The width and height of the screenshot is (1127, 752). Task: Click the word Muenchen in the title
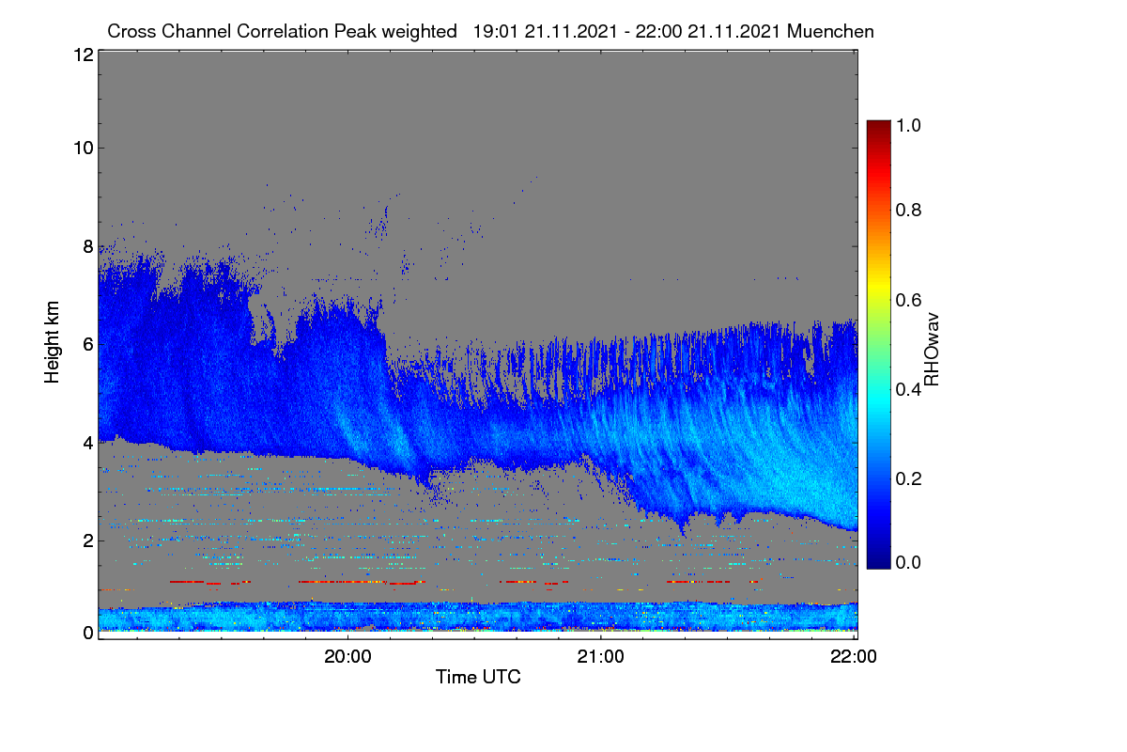tap(830, 32)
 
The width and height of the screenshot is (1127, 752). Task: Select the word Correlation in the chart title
tap(283, 32)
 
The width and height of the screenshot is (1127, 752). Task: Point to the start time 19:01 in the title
tap(495, 32)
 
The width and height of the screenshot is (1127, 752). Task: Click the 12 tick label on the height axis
tap(84, 55)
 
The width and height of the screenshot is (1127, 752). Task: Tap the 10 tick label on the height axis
tap(84, 149)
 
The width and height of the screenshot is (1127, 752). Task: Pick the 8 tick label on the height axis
tap(88, 247)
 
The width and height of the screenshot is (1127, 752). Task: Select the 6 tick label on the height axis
tap(88, 345)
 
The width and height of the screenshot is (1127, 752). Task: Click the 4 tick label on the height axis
tap(88, 444)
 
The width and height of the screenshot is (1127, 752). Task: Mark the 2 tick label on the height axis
tap(88, 540)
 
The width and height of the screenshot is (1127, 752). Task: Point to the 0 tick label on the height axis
tap(88, 633)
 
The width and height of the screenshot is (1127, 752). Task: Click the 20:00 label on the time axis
tap(347, 656)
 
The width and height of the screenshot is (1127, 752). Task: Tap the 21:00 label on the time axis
tap(600, 656)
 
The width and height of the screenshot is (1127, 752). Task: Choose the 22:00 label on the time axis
tap(854, 656)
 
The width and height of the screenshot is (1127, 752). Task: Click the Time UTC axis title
tap(478, 677)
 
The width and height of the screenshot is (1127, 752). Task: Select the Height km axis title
tap(52, 342)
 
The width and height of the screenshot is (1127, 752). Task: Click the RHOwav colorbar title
tap(932, 350)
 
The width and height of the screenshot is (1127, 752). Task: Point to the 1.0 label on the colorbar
tap(908, 125)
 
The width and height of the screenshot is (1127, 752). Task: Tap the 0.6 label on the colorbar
tap(908, 300)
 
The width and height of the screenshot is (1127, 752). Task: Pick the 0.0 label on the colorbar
tap(908, 562)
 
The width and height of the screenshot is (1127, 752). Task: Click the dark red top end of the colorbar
tap(878, 123)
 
